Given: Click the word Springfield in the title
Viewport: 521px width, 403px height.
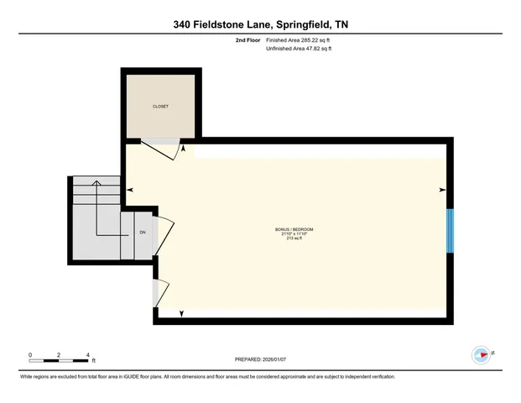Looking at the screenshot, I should [290, 24].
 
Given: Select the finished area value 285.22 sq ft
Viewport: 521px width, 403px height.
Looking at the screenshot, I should [310, 40].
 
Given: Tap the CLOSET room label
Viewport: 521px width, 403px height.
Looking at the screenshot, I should [160, 107].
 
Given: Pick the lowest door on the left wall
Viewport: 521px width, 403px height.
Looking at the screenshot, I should [162, 290].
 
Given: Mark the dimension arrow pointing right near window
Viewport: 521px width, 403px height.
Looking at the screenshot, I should [441, 191].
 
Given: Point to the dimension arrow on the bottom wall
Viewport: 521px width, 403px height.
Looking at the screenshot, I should [183, 315].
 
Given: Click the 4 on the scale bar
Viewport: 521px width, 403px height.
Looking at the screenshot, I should [86, 354].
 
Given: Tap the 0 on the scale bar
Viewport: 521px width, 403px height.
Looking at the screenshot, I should [30, 354].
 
